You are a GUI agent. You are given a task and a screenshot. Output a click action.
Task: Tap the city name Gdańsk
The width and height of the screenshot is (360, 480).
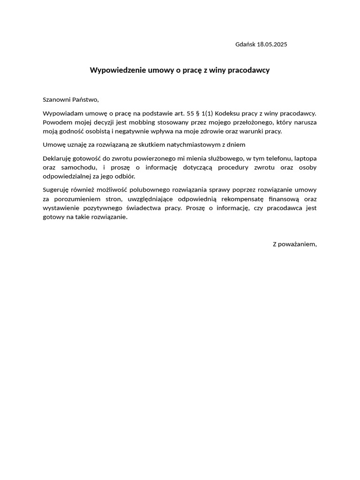245,45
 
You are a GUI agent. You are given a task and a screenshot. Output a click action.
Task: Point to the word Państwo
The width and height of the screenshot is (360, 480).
85,99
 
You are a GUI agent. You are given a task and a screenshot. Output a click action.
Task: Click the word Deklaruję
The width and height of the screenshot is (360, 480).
57,158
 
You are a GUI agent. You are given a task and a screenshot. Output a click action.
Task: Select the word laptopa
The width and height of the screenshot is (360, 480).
305,158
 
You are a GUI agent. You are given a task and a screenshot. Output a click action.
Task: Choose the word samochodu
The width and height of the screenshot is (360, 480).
80,167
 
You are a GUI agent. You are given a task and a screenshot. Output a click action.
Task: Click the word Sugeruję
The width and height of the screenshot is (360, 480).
56,190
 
